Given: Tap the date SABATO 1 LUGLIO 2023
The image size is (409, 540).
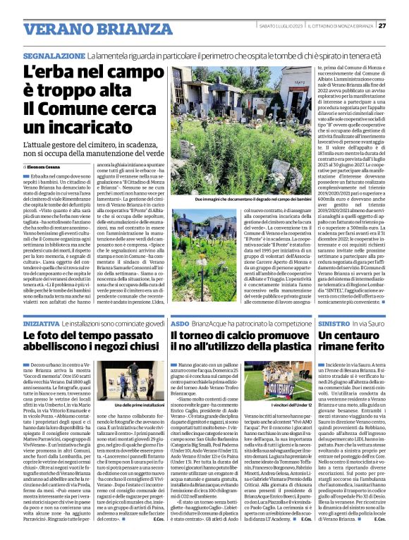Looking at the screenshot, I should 277,26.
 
